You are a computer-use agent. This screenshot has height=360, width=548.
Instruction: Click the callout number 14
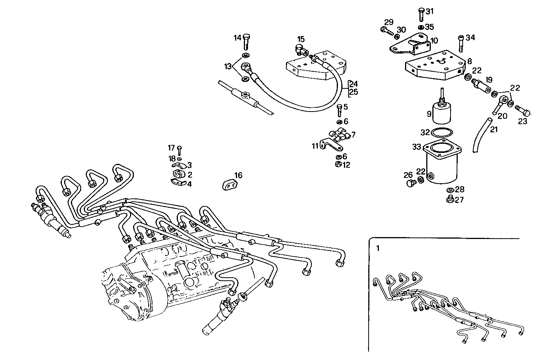[237, 38]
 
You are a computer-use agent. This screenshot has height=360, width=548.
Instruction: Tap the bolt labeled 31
[421, 15]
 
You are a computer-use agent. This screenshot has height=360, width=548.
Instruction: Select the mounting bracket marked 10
[413, 45]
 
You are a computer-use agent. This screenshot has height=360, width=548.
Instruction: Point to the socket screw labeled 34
[461, 43]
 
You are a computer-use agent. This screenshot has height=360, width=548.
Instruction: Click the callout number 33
[417, 146]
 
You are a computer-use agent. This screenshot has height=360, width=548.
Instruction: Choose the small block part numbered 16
[229, 185]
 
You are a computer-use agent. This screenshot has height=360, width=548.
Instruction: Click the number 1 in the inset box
[377, 248]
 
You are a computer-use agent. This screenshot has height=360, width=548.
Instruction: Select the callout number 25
[353, 92]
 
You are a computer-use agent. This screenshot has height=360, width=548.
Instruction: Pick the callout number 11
[315, 146]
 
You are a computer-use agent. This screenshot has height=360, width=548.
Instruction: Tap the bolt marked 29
[385, 30]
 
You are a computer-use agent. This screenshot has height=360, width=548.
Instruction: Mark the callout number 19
[489, 80]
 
